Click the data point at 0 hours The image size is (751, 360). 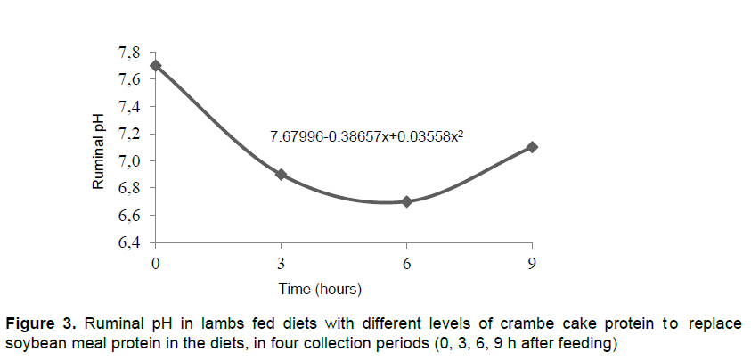coord(156,65)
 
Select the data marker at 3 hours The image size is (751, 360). coord(282,175)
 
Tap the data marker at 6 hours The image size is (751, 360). coord(407,201)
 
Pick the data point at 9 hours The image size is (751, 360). coord(532,147)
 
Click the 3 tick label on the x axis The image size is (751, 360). coord(282,263)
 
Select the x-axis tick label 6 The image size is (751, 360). coord(407,263)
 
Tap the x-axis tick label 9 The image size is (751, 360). coord(532,263)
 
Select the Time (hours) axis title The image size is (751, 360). coord(319,289)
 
